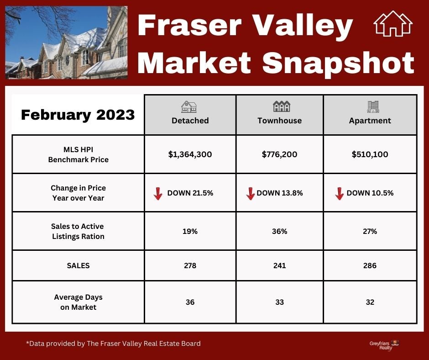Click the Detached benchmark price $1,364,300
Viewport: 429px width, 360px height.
190,154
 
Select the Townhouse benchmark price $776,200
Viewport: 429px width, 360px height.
279,154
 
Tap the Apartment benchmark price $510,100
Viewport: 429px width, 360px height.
370,154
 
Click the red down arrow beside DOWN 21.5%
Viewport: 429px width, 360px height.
158,194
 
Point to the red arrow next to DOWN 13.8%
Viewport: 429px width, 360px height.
251,194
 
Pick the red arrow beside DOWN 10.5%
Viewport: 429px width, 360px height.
339,194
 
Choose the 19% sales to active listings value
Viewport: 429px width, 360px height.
190,232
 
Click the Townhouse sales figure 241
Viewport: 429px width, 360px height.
279,265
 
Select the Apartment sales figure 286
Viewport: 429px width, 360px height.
370,265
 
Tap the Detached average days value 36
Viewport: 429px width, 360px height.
190,302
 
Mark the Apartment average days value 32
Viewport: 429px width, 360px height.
370,302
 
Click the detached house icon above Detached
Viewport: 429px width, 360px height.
189,107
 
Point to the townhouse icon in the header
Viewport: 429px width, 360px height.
282,106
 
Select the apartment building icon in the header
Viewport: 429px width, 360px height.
373,107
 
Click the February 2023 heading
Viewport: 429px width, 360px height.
78,115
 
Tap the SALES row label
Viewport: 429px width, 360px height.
78,265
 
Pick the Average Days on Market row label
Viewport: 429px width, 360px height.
78,302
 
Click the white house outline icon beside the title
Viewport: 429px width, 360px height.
393,24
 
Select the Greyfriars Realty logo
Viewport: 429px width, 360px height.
384,345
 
